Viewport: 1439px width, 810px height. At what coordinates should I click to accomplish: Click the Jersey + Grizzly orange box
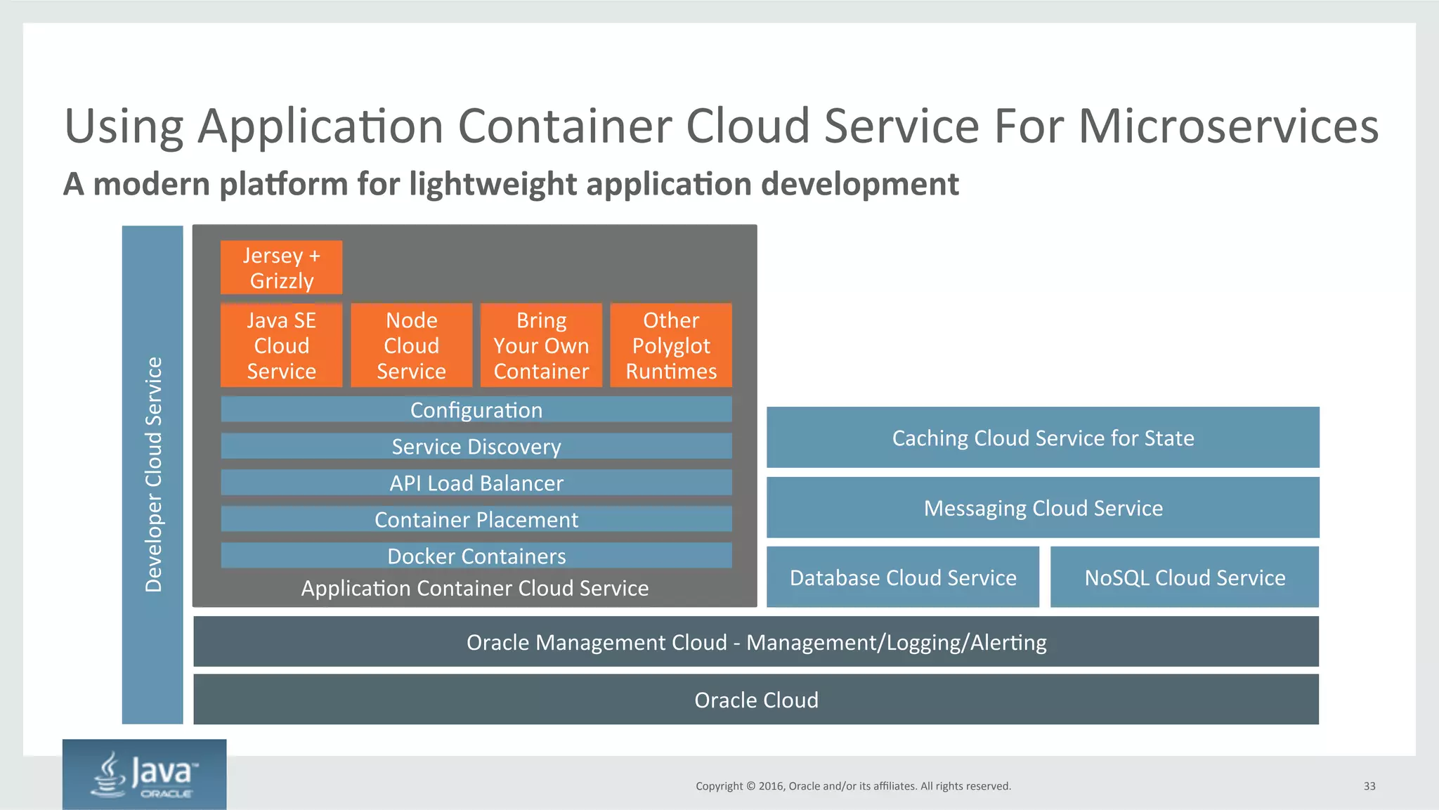point(281,268)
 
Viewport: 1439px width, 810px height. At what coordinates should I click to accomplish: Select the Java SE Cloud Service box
point(281,345)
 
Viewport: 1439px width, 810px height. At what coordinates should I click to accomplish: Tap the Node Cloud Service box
point(411,345)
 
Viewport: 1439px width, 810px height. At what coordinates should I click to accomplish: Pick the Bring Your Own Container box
point(541,345)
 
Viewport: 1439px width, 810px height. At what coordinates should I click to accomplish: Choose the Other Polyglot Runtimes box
point(671,345)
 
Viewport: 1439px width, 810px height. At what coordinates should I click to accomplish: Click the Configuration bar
point(476,410)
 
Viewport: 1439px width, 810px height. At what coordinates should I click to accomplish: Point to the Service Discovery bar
point(476,446)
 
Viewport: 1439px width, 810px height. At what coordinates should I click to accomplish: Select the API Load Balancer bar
point(476,483)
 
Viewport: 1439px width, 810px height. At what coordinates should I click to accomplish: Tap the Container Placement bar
point(476,519)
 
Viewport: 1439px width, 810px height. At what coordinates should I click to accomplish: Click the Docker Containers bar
point(476,556)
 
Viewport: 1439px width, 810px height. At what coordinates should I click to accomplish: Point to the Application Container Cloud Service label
point(475,588)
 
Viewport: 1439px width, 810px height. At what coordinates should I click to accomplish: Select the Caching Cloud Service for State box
point(1043,438)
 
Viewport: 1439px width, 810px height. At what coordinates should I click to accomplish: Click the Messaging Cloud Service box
point(1043,508)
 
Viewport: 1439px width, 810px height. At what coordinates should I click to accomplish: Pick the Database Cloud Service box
point(902,577)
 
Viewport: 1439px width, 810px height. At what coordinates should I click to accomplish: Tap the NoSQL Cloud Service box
point(1185,577)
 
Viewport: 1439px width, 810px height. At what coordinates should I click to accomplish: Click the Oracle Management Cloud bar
point(756,642)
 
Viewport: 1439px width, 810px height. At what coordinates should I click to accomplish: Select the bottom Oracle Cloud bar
point(756,700)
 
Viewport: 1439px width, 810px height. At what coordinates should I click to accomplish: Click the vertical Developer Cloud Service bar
point(152,475)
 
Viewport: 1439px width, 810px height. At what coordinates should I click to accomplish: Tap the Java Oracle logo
point(145,774)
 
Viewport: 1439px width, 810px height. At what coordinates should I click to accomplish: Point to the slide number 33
point(1369,786)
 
